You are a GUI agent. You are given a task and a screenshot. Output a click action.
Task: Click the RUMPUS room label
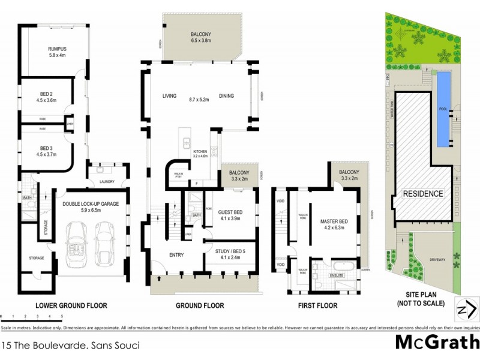[x=57, y=49]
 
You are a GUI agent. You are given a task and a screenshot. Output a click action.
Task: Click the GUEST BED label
[x=230, y=212]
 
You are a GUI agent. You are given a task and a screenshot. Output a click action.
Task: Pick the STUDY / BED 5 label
[x=230, y=253]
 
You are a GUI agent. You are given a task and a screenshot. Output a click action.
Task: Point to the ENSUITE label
[x=338, y=275]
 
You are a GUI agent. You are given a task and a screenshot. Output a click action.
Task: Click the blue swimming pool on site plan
[x=443, y=109]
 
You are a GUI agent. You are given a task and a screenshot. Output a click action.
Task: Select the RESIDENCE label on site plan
[x=423, y=194]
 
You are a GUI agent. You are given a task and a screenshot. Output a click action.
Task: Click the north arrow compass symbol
[x=467, y=310]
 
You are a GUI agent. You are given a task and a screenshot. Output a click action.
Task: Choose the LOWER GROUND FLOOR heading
[x=71, y=306]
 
